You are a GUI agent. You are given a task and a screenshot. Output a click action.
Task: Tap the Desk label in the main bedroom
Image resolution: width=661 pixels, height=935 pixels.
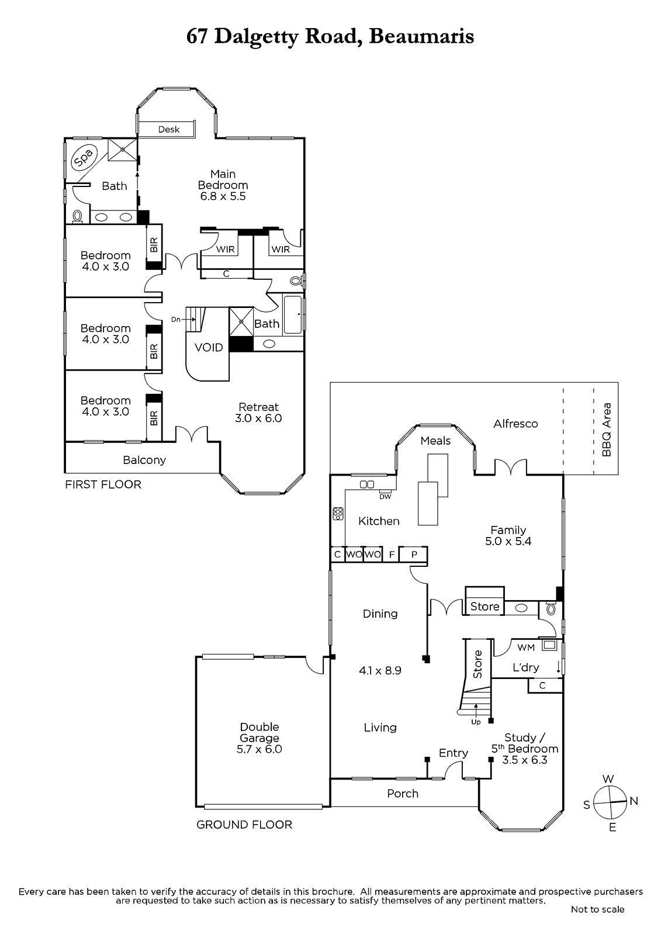pyautogui.click(x=169, y=129)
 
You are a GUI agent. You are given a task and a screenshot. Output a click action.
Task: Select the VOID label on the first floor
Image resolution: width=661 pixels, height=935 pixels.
pyautogui.click(x=209, y=347)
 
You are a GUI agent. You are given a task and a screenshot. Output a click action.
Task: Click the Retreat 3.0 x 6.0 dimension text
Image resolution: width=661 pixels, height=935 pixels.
pyautogui.click(x=258, y=418)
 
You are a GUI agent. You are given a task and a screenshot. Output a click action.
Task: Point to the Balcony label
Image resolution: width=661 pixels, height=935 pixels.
pyautogui.click(x=144, y=460)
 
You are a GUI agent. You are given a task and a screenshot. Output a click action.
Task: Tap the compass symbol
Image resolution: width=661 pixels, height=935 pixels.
pyautogui.click(x=610, y=802)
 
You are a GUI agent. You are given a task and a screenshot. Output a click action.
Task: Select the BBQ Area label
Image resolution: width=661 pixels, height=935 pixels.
pyautogui.click(x=607, y=430)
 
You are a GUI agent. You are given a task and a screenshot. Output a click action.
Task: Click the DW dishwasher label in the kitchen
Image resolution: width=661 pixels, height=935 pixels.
pyautogui.click(x=385, y=497)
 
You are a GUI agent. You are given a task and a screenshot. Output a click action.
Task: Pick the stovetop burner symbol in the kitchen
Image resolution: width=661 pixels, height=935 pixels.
pyautogui.click(x=338, y=514)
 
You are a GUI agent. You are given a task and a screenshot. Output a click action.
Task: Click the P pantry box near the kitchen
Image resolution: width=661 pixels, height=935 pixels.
pyautogui.click(x=413, y=555)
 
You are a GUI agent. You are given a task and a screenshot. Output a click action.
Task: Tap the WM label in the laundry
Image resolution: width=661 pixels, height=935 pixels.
pyautogui.click(x=526, y=647)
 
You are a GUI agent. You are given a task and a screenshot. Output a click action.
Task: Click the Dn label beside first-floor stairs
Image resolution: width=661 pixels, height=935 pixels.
pyautogui.click(x=176, y=320)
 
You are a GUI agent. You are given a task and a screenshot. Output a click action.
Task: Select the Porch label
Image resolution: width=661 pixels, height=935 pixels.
pyautogui.click(x=403, y=794)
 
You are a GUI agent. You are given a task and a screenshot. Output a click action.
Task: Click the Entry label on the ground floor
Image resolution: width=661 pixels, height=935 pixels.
pyautogui.click(x=454, y=753)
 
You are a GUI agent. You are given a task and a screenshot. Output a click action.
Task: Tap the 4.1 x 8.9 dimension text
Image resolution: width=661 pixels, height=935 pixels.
pyautogui.click(x=380, y=671)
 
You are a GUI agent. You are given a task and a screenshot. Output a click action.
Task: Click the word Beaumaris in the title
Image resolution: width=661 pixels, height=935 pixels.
pyautogui.click(x=422, y=37)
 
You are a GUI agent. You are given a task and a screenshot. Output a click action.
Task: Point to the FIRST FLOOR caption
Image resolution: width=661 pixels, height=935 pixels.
pyautogui.click(x=103, y=484)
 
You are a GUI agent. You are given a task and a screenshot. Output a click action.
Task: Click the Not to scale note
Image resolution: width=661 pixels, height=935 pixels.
pyautogui.click(x=597, y=909)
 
